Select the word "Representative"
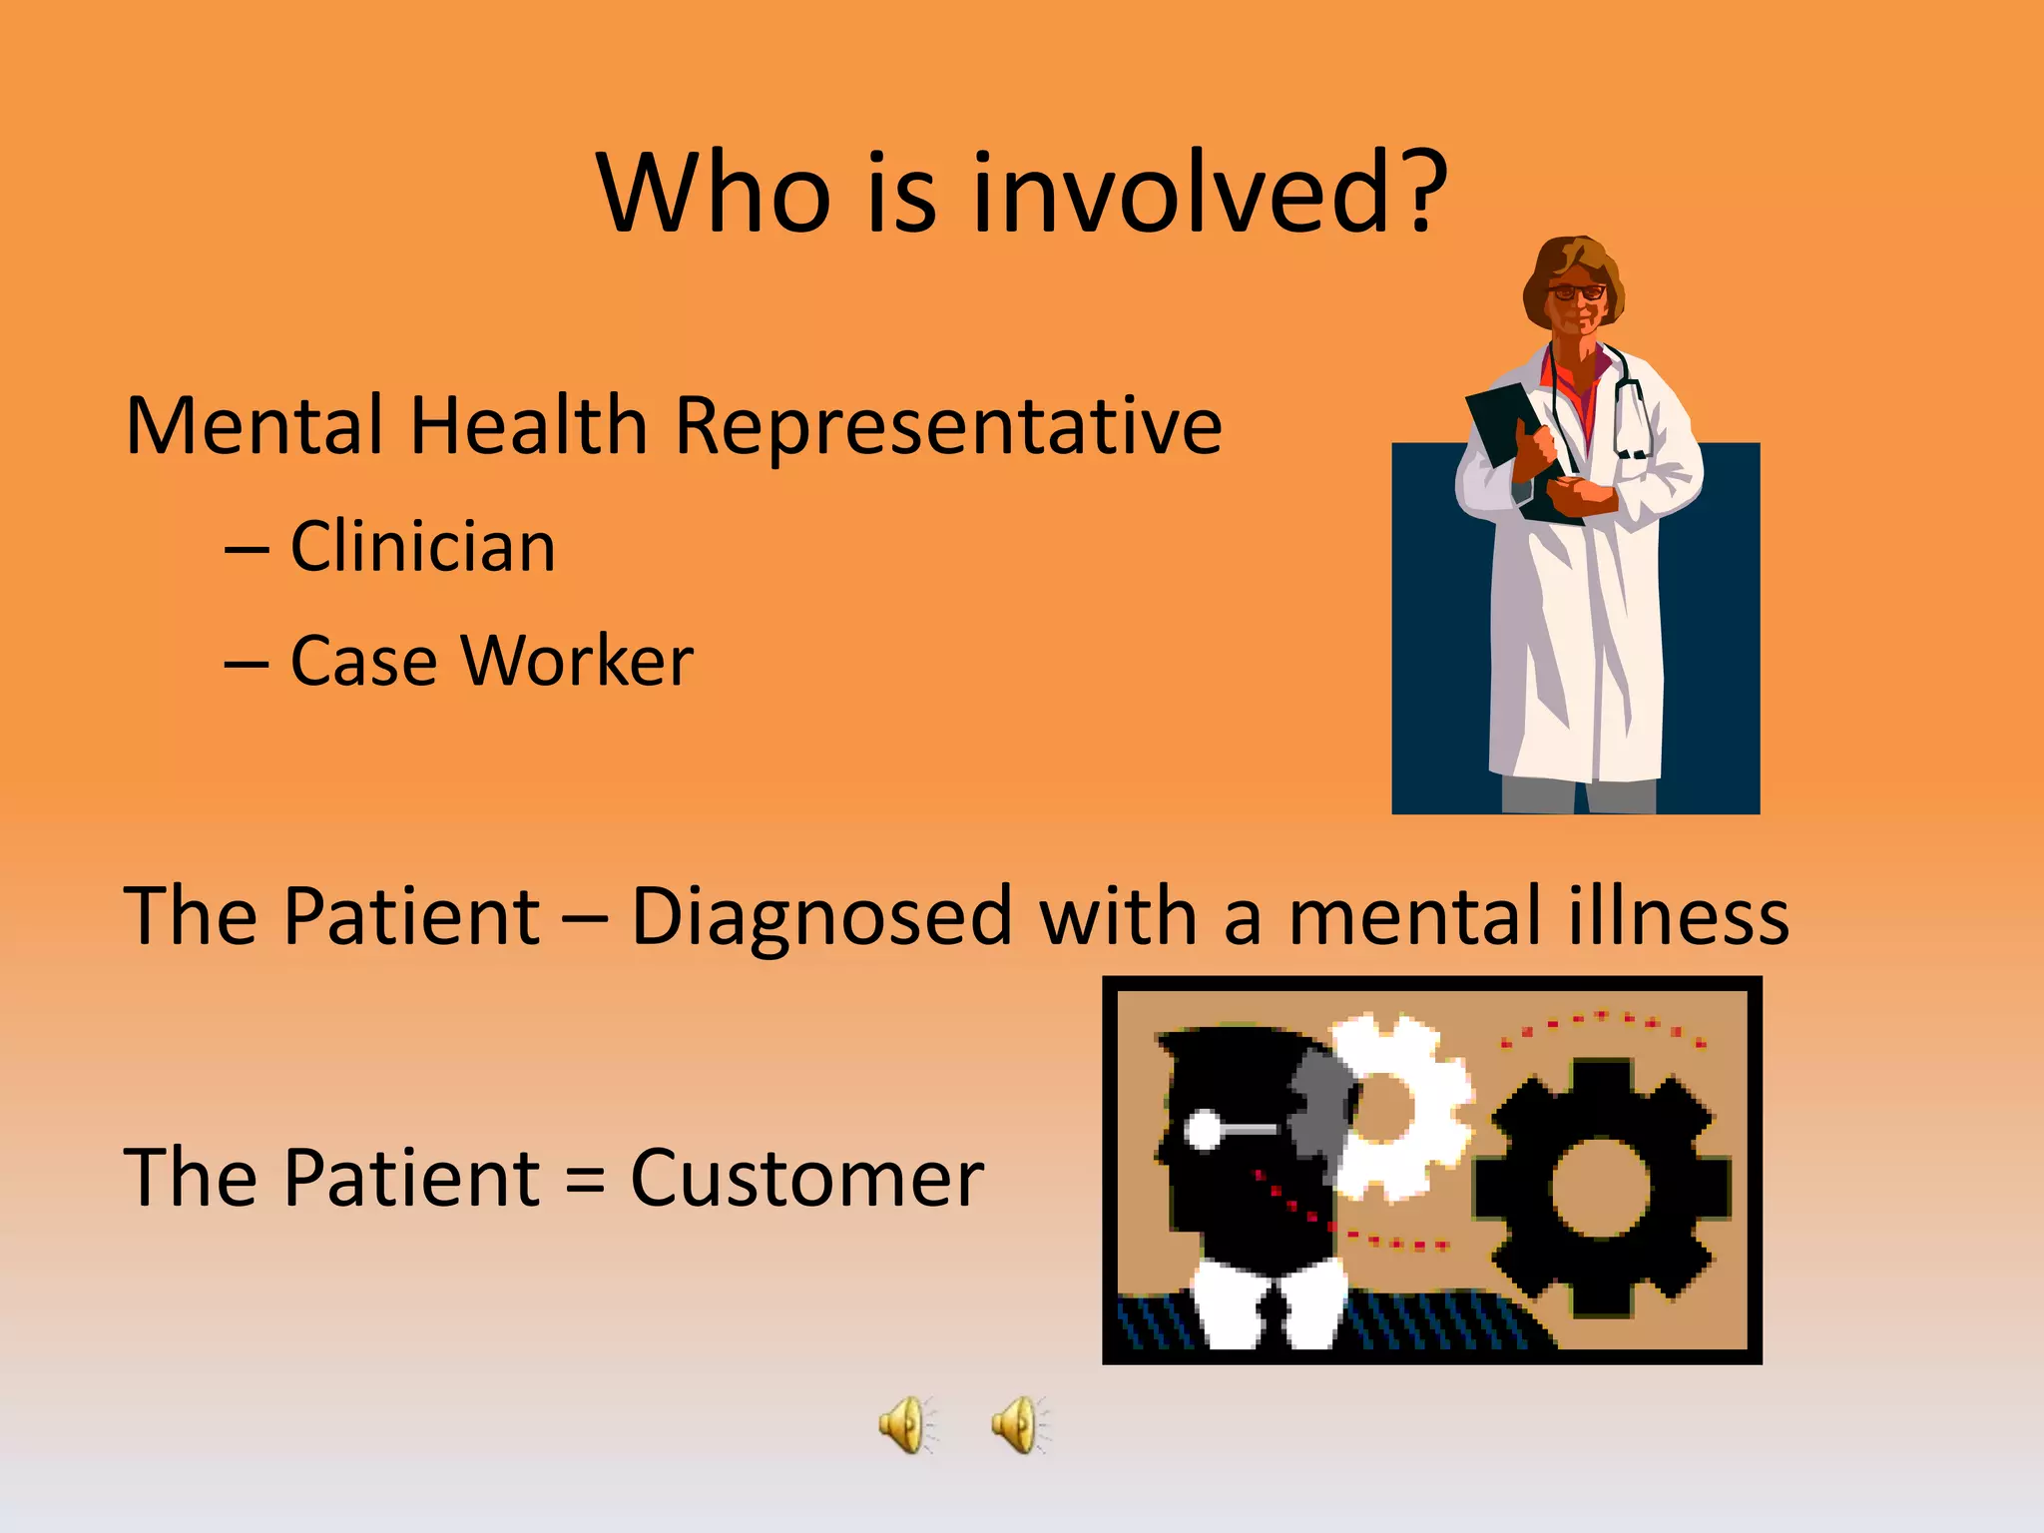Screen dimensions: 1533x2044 click(x=948, y=427)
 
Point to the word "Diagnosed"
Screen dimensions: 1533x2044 click(x=822, y=915)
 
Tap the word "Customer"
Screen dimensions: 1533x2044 click(x=806, y=1178)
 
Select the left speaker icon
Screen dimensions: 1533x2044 click(x=905, y=1424)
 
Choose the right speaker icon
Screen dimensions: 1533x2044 click(x=1018, y=1424)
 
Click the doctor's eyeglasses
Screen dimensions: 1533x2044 click(x=1576, y=292)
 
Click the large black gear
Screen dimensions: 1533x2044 click(x=1601, y=1188)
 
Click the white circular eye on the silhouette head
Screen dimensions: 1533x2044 click(x=1202, y=1131)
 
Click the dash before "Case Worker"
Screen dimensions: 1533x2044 click(x=246, y=663)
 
